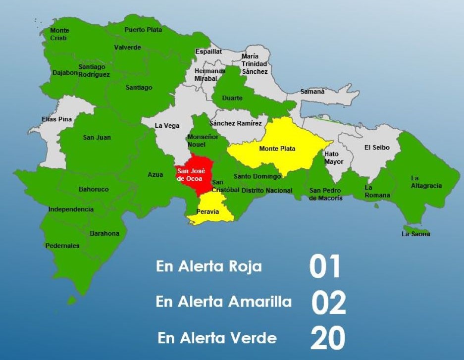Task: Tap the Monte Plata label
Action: click(277, 149)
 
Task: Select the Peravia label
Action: click(207, 211)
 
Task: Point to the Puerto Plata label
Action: click(143, 30)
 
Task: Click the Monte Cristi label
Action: click(59, 34)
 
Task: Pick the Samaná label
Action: click(313, 92)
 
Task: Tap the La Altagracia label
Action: click(426, 182)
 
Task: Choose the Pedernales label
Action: click(62, 246)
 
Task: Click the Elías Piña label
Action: click(56, 119)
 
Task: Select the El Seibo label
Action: click(377, 148)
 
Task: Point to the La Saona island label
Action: click(415, 234)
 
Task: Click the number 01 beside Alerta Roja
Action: click(325, 267)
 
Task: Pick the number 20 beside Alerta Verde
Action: click(327, 339)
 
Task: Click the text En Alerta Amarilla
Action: click(223, 302)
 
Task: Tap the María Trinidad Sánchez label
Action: click(255, 64)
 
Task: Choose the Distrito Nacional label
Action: click(266, 190)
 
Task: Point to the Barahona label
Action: click(104, 233)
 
